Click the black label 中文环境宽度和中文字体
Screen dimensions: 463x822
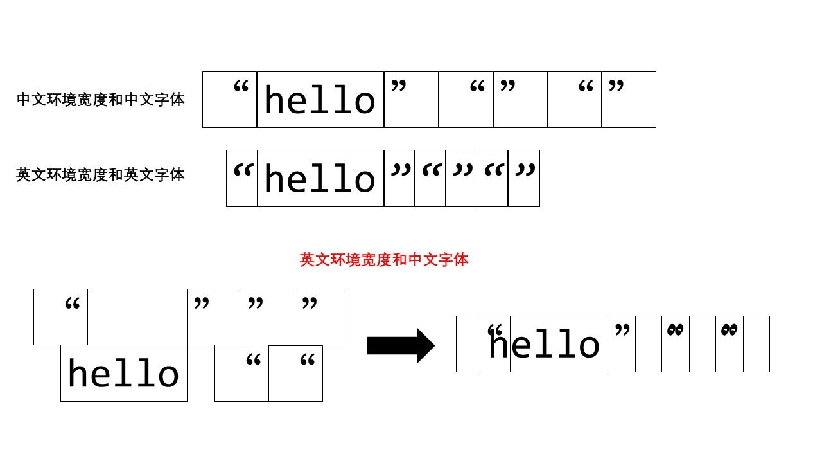pos(101,100)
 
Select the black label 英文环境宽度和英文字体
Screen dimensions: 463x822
pos(101,174)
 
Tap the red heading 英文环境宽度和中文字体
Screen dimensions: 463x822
pos(384,259)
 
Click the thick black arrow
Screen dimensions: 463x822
pos(401,345)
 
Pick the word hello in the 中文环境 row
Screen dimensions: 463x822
pos(320,101)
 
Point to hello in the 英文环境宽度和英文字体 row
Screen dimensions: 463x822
pos(320,179)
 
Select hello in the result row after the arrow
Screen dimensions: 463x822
pos(545,345)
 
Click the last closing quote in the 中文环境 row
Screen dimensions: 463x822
pos(616,86)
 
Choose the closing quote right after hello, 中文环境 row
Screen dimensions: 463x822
pos(399,86)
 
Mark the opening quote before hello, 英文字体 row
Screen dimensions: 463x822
pos(243,170)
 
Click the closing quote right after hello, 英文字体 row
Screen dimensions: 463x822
pos(401,170)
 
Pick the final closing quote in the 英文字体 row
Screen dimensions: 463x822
pos(525,170)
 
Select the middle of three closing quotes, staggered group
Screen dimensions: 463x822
pos(256,303)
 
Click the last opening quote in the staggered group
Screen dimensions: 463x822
pos(307,360)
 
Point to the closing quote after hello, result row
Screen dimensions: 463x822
pos(622,330)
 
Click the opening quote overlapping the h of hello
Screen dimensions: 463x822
pos(494,331)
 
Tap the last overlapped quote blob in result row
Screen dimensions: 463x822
pos(729,330)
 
